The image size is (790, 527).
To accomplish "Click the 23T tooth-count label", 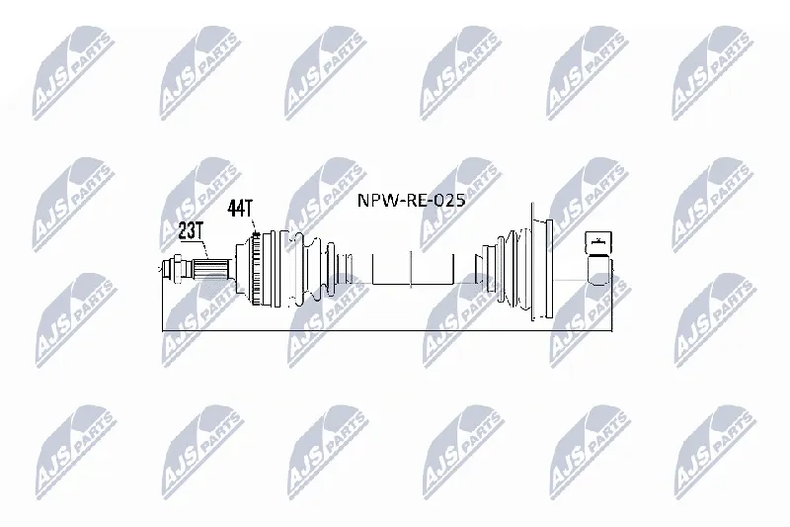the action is pos(190,231).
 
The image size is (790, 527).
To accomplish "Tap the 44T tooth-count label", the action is pos(239,208).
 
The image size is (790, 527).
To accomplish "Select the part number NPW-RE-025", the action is pos(411,200).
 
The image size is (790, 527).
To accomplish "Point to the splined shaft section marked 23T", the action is pos(212,269).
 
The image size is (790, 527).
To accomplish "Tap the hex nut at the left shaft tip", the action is pos(177,268).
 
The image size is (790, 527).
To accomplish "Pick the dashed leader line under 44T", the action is pos(254,225).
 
